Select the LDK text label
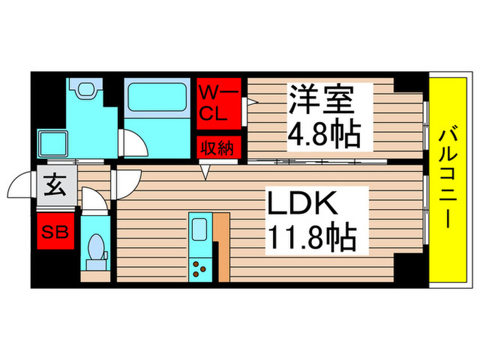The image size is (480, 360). pyautogui.click(x=302, y=205)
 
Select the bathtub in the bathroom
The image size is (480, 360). pyautogui.click(x=156, y=104)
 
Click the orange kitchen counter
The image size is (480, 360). pyautogui.click(x=221, y=247)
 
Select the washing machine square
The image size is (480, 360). pyautogui.click(x=52, y=144)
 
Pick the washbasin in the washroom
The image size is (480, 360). pyautogui.click(x=85, y=88)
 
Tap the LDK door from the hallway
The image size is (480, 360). pyautogui.click(x=127, y=183)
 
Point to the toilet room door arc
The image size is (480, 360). pyautogui.click(x=93, y=199)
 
